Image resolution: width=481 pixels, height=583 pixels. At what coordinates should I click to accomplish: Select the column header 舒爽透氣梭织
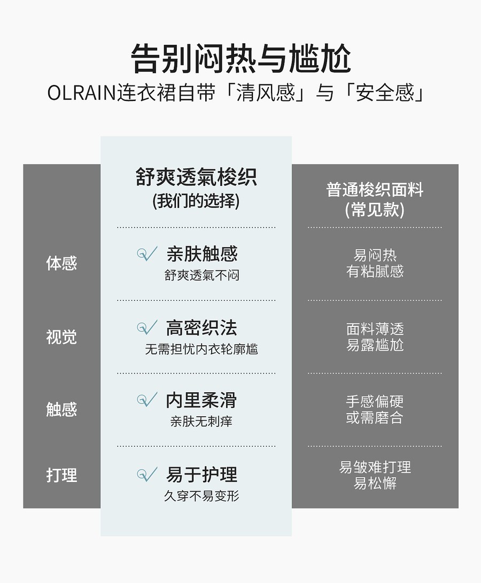196,177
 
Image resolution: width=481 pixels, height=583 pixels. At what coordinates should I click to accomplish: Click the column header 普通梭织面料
375,190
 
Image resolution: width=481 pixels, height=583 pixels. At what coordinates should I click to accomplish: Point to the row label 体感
61,263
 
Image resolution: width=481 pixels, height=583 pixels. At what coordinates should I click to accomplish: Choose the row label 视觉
61,337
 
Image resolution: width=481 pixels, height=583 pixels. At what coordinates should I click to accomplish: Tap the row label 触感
61,409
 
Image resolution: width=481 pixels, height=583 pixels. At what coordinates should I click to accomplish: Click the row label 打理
61,475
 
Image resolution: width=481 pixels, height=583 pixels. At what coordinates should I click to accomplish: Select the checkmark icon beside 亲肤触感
147,254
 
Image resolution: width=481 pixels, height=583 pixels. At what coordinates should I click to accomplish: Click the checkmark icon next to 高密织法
147,327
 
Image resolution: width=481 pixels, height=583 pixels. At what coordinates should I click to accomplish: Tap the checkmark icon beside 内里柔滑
147,400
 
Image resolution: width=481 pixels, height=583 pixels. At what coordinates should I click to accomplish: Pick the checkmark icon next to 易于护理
147,474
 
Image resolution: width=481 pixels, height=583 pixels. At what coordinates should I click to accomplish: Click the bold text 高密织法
201,328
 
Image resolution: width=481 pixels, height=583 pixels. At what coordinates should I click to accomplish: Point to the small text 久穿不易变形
201,496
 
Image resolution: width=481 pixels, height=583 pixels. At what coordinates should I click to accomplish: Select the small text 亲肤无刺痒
201,422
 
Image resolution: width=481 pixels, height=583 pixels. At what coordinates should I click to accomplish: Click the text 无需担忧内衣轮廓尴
201,349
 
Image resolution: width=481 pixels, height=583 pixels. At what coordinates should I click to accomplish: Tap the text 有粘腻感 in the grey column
375,271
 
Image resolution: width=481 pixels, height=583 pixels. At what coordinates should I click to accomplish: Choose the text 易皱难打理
375,467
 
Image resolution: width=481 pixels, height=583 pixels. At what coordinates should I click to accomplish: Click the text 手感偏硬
375,401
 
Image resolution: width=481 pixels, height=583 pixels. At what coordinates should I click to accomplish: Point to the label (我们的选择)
196,201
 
